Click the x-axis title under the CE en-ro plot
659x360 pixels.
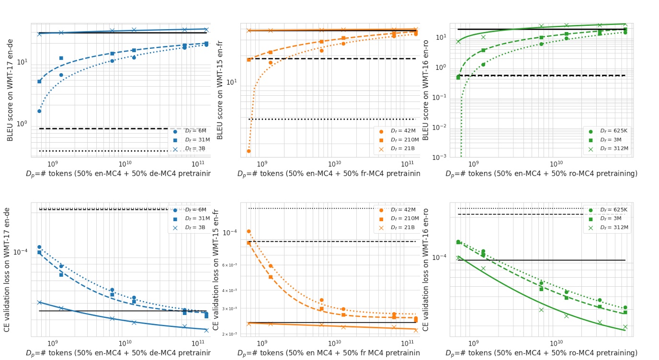[x=541, y=353]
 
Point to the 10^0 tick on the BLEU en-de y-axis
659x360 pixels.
[x=23, y=124]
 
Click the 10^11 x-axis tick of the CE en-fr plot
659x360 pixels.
[x=408, y=343]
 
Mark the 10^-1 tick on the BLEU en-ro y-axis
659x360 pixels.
[x=440, y=97]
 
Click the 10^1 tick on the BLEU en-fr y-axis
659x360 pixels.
[x=231, y=82]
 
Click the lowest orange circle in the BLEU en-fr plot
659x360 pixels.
[x=249, y=151]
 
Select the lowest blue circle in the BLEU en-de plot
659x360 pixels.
[x=39, y=111]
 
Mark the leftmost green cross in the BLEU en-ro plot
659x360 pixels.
[x=458, y=42]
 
